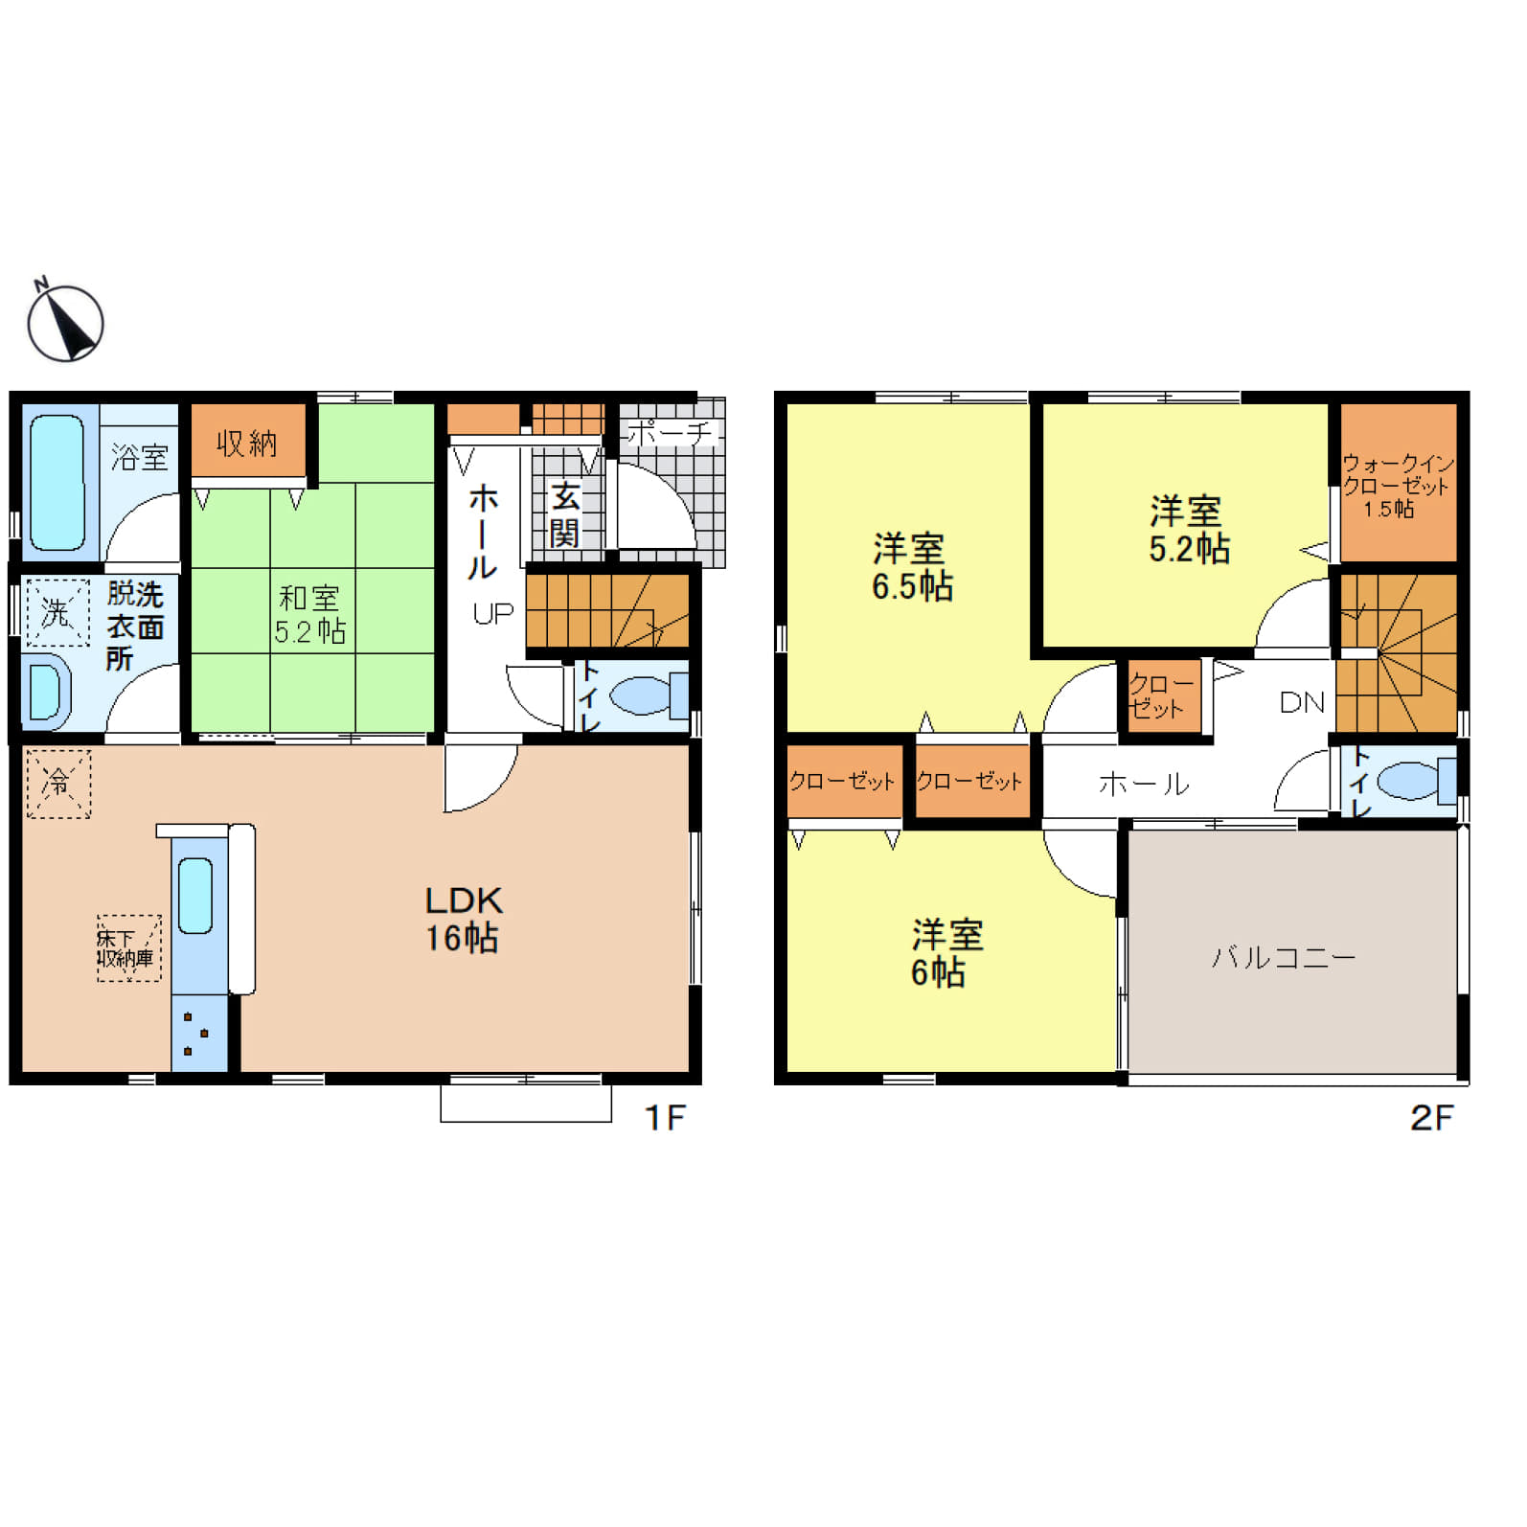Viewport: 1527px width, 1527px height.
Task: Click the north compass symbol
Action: click(x=65, y=323)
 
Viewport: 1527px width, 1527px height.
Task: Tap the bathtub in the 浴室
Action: click(x=57, y=483)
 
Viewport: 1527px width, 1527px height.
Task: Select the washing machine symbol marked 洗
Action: click(x=57, y=612)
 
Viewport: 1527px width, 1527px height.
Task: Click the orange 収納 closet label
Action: click(x=247, y=443)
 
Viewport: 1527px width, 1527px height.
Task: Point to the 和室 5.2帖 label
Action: click(x=309, y=614)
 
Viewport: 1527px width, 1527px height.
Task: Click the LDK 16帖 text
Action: click(x=463, y=919)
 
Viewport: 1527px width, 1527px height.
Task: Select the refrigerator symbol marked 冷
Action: click(x=58, y=784)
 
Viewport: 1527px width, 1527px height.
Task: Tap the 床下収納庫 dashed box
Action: click(x=128, y=947)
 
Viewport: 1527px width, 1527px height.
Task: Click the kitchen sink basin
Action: click(x=195, y=895)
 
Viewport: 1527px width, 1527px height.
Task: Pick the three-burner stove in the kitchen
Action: click(x=198, y=1034)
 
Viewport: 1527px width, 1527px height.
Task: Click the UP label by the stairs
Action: click(x=493, y=614)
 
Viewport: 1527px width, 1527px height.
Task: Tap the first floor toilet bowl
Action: click(x=640, y=695)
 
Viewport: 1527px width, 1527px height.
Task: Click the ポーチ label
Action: click(x=671, y=433)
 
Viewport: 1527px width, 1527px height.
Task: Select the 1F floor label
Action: click(x=665, y=1117)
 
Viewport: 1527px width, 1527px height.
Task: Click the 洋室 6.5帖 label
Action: click(x=912, y=567)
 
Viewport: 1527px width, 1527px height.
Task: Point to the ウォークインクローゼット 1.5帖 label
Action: click(x=1397, y=486)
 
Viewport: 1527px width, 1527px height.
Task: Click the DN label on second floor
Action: click(x=1301, y=702)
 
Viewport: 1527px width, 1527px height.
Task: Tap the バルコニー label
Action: click(x=1284, y=957)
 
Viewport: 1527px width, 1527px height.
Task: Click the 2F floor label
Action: click(x=1431, y=1117)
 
